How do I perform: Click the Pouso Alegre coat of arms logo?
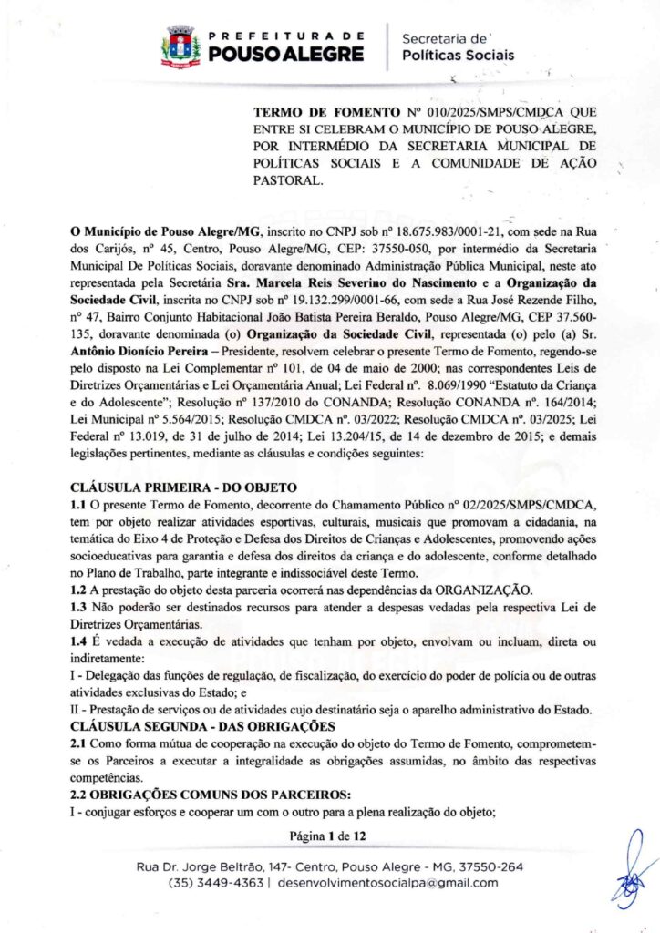180,46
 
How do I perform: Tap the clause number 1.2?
78,589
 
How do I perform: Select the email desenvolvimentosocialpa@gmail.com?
387,883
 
